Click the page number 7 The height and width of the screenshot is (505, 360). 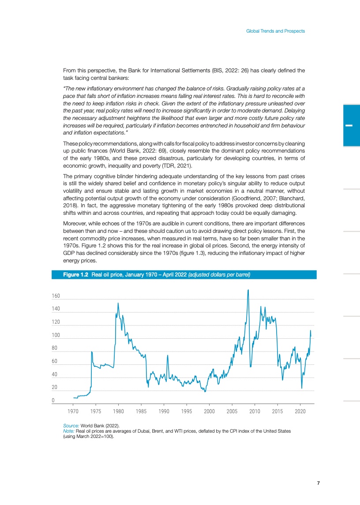tap(319, 483)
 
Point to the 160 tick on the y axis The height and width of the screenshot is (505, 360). tap(56, 296)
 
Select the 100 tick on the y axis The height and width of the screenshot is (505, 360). tap(56, 335)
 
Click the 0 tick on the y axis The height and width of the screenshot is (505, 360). tap(53, 400)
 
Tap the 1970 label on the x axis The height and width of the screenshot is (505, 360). tap(73, 411)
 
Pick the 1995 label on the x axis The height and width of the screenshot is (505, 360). tap(187, 411)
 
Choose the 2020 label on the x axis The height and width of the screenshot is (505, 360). tap(300, 411)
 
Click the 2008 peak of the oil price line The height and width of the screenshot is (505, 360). tap(248, 290)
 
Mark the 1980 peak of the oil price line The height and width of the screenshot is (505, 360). tap(118, 303)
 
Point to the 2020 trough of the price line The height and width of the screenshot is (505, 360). tap(302, 388)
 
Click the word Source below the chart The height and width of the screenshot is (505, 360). tap(71, 426)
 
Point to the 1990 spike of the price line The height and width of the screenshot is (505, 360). tap(168, 355)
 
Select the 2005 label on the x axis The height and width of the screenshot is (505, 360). tap(232, 411)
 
